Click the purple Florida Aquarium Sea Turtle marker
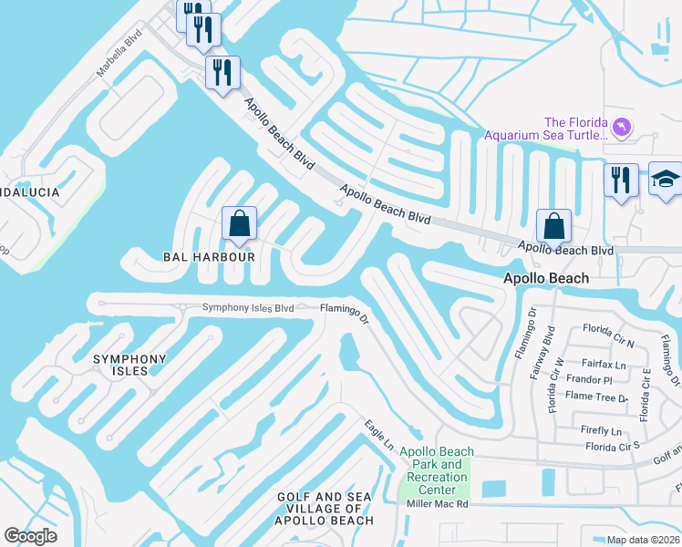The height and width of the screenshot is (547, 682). click(622, 127)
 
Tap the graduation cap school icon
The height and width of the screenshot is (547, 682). click(666, 180)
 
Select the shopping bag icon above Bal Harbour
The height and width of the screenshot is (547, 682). click(239, 223)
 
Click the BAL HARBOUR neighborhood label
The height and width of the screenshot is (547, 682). click(209, 257)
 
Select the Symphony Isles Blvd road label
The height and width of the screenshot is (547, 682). click(248, 308)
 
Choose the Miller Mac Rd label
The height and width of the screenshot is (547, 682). click(437, 503)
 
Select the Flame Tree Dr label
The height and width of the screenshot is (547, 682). click(597, 397)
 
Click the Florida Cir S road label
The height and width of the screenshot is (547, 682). click(613, 447)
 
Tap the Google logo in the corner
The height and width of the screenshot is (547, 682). click(31, 536)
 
